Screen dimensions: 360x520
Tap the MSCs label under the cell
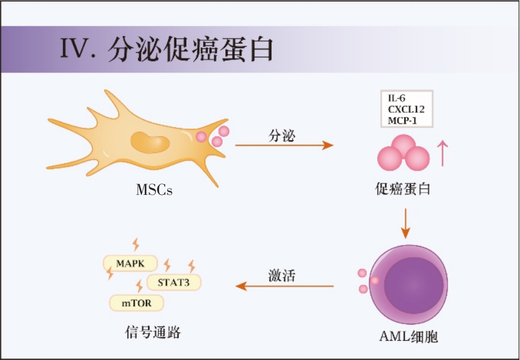(x=154, y=189)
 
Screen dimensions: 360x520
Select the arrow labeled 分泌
(x=284, y=145)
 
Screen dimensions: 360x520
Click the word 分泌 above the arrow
(x=281, y=135)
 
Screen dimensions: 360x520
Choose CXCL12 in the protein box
(x=406, y=109)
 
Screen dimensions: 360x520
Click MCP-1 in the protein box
(x=402, y=120)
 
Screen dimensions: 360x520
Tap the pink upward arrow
(x=443, y=153)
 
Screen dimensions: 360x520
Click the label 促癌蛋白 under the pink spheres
(x=403, y=189)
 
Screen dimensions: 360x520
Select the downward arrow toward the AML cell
(x=405, y=223)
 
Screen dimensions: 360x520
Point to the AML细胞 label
(x=408, y=336)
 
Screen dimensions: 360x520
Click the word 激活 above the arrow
(x=281, y=276)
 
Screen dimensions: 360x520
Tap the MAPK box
(x=130, y=263)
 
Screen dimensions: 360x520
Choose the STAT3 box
(x=174, y=282)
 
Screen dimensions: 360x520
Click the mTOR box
(x=138, y=303)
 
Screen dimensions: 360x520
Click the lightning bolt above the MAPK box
(x=135, y=244)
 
